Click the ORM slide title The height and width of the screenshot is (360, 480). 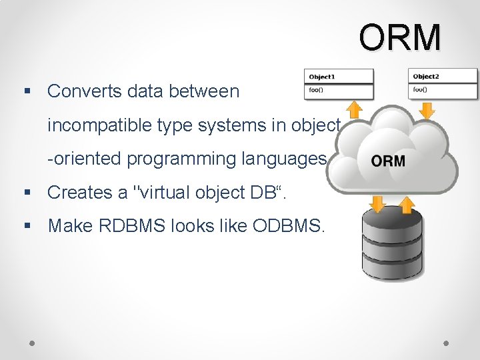click(x=400, y=37)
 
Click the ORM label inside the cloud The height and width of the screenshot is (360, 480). click(x=387, y=161)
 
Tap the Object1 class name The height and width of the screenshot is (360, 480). click(x=322, y=76)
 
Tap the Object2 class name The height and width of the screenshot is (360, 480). click(x=427, y=76)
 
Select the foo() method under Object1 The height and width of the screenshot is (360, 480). click(x=317, y=89)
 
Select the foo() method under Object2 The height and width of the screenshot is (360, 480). click(x=421, y=89)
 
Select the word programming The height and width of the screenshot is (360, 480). click(x=177, y=159)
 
